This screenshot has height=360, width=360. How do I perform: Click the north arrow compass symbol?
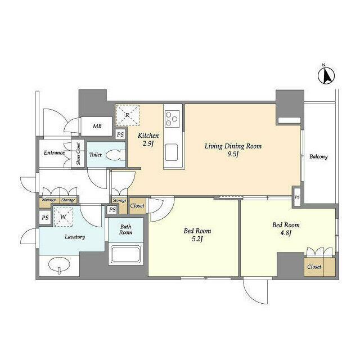coord(326,75)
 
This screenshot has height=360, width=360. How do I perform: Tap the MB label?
coord(97,126)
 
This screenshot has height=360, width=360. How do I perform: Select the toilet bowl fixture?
coord(116,155)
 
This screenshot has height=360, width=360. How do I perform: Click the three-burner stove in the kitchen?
coord(173,119)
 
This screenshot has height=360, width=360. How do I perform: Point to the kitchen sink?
coord(171,152)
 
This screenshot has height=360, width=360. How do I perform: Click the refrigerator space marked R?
coord(128,115)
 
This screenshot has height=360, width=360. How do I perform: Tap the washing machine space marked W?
coord(64,217)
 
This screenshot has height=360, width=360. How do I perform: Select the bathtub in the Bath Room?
coord(125,254)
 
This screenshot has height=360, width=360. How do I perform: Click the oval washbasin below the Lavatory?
coord(59,265)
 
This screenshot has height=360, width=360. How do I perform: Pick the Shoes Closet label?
coord(78,154)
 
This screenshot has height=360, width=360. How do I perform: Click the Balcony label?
coord(318,157)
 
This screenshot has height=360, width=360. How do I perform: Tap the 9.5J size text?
coord(233,154)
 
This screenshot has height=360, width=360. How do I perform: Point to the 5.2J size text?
coord(197,239)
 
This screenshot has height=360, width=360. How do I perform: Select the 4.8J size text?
coord(286,233)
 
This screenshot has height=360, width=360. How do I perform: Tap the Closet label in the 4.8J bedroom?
coord(314,267)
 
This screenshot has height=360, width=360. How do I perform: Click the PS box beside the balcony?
coord(298,197)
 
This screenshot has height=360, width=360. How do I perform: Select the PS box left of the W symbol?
coord(45,217)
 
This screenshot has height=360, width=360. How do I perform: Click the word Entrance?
coord(54,152)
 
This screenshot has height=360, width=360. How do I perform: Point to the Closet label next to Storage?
coord(137,206)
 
